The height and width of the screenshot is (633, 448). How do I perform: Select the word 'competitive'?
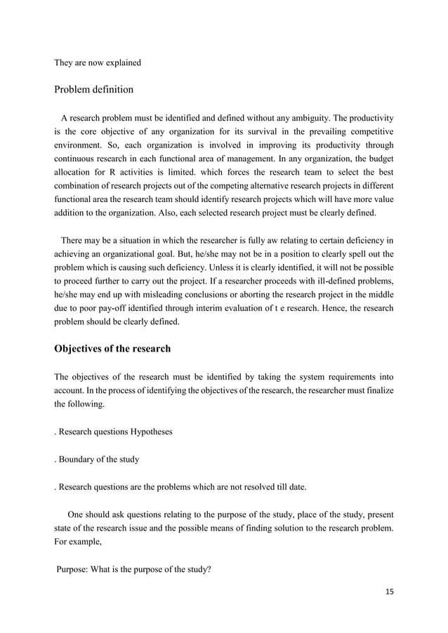pyautogui.click(x=367, y=132)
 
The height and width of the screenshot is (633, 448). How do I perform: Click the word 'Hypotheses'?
pyautogui.click(x=149, y=431)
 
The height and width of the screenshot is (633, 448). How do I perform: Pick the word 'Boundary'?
pyautogui.click(x=78, y=460)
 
